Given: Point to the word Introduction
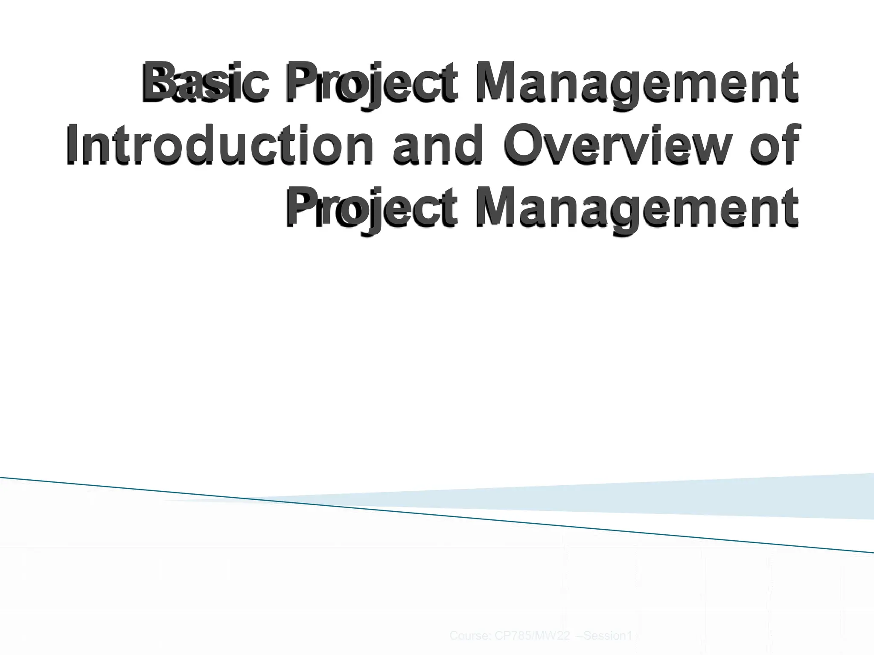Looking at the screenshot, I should pyautogui.click(x=220, y=145).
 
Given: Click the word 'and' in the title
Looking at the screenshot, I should pyautogui.click(x=437, y=145).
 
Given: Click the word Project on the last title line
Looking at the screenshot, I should pyautogui.click(x=371, y=209).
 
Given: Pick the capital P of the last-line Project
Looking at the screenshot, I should pyautogui.click(x=301, y=208).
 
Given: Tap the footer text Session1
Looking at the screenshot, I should pyautogui.click(x=608, y=636).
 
